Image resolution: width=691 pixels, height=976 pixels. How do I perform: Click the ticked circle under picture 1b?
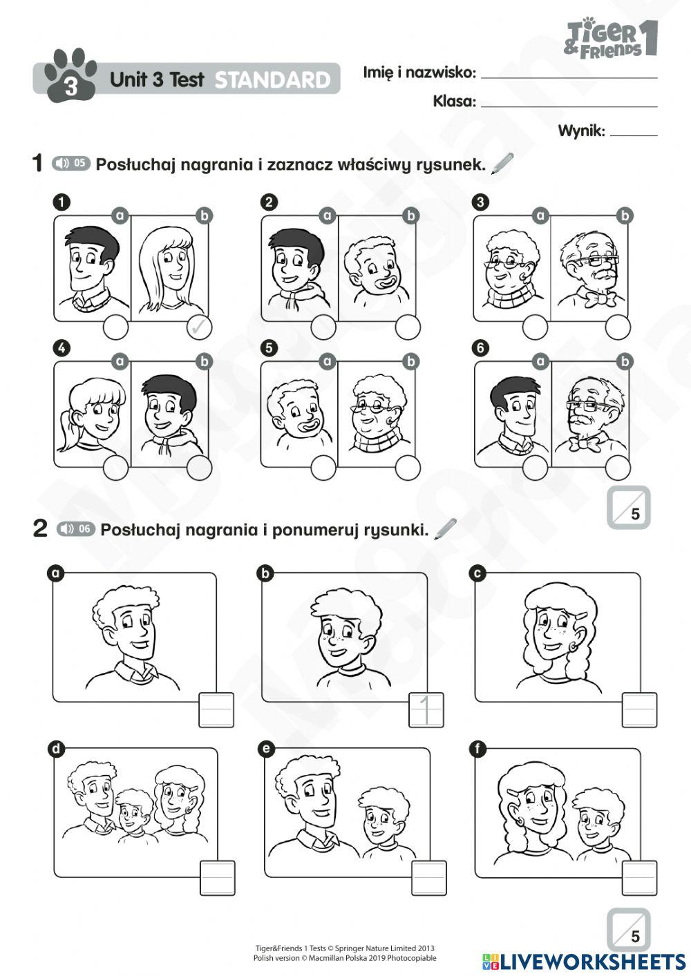pyautogui.click(x=200, y=327)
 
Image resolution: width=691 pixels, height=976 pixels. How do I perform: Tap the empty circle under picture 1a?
pyautogui.click(x=115, y=327)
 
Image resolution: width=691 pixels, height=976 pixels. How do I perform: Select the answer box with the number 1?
pyautogui.click(x=428, y=709)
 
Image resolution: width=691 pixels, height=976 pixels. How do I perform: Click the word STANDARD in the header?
pyautogui.click(x=273, y=80)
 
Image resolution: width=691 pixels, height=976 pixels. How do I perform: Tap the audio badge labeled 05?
pyautogui.click(x=71, y=163)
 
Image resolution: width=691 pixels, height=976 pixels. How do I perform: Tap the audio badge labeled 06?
pyautogui.click(x=75, y=528)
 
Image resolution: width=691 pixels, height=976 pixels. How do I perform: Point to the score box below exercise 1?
pyautogui.click(x=628, y=508)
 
